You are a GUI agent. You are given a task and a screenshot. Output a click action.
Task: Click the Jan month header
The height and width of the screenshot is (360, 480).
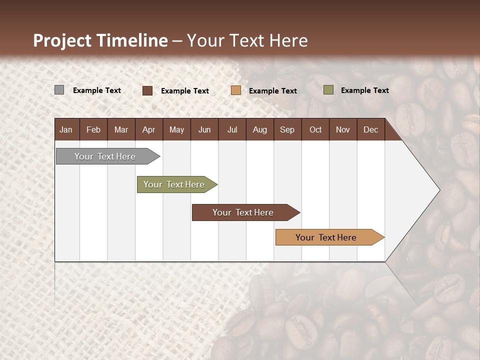pyautogui.click(x=66, y=130)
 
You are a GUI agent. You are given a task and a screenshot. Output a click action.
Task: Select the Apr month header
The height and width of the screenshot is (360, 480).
pyautogui.click(x=148, y=130)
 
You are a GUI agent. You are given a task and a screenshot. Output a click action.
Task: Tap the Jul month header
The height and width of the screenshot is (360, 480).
pyautogui.click(x=232, y=130)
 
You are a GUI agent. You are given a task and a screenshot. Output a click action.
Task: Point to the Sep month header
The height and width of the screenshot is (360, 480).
pyautogui.click(x=287, y=130)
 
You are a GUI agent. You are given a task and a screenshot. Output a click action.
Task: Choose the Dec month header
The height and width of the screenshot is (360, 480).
pyautogui.click(x=370, y=130)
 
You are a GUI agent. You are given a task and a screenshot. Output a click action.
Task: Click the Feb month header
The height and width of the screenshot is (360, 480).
pyautogui.click(x=93, y=130)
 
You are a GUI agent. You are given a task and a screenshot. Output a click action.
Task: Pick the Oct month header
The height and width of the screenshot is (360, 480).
pyautogui.click(x=315, y=130)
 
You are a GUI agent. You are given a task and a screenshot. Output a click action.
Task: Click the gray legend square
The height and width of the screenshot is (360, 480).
pyautogui.click(x=59, y=90)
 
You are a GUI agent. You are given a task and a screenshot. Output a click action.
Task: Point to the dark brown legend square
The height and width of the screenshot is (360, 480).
pyautogui.click(x=147, y=90)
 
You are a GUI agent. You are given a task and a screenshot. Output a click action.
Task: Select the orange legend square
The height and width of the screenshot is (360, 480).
pyautogui.click(x=236, y=90)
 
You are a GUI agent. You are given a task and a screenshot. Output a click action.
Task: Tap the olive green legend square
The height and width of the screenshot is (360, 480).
pyautogui.click(x=328, y=90)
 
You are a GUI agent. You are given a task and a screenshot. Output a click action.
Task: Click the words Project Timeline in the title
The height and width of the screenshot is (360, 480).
pyautogui.click(x=100, y=40)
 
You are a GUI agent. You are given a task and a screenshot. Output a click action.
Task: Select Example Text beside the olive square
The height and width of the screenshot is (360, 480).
pyautogui.click(x=364, y=90)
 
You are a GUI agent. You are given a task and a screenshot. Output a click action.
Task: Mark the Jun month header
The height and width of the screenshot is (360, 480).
pyautogui.click(x=204, y=130)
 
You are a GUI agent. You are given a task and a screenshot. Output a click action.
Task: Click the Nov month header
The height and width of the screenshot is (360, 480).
pyautogui.click(x=343, y=130)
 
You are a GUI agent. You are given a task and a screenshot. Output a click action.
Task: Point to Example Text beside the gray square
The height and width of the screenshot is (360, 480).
pyautogui.click(x=97, y=90)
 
